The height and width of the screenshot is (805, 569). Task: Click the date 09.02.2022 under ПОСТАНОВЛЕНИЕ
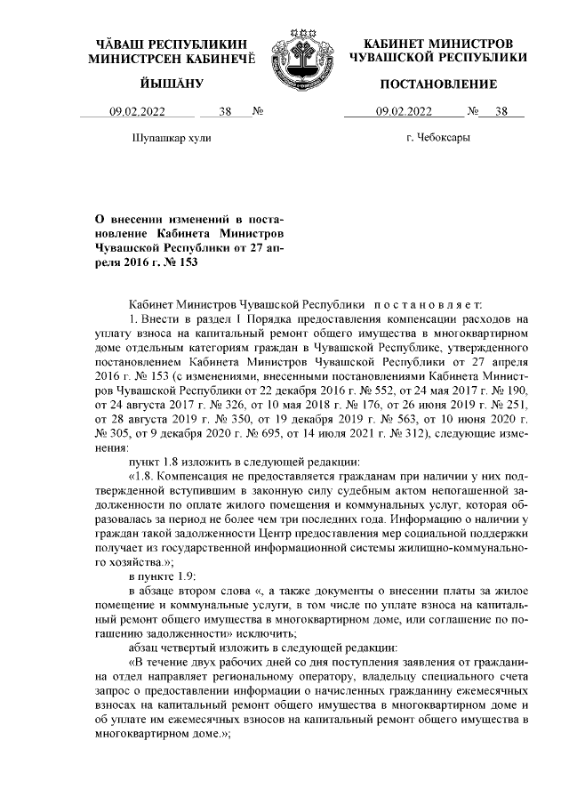coord(404,111)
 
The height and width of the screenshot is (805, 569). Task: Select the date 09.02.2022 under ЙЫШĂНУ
coord(138,111)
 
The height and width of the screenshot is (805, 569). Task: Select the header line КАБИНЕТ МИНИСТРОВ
coord(438,44)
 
